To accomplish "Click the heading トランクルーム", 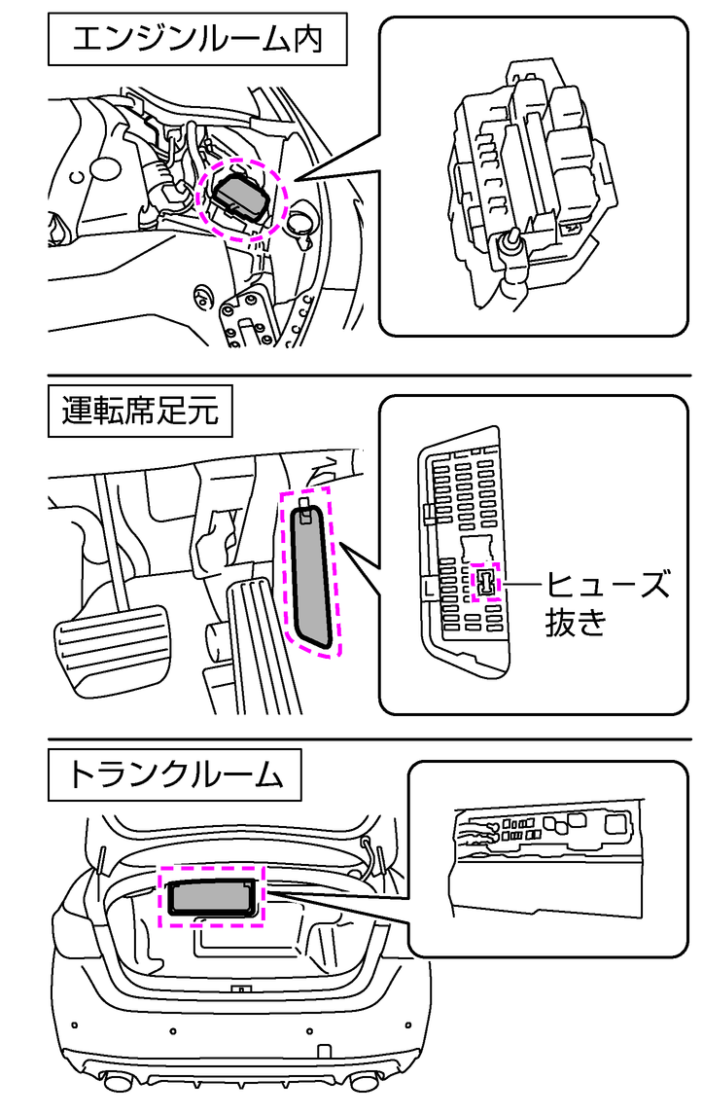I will click(175, 775).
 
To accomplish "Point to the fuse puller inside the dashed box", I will click(484, 583).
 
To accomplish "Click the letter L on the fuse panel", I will click(429, 587).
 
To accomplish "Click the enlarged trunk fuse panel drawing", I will click(545, 861).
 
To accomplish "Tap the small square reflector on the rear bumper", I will click(322, 1052).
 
